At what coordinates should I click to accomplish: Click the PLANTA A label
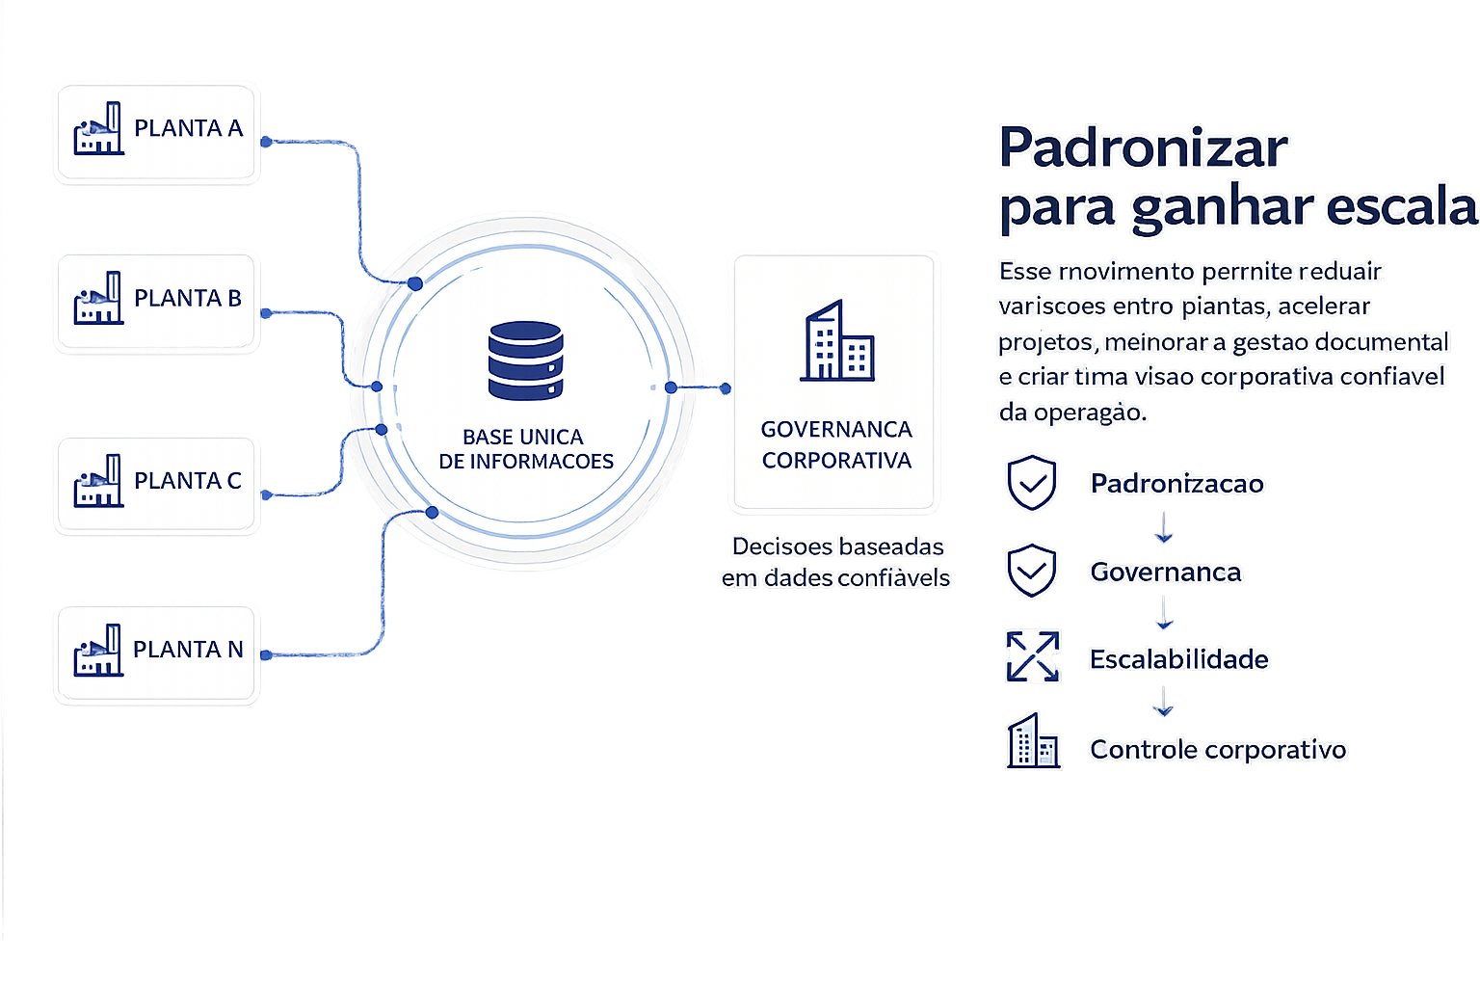click(188, 128)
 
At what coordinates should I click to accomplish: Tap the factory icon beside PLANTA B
click(98, 298)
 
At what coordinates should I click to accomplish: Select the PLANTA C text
click(188, 481)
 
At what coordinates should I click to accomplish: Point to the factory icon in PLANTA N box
click(98, 650)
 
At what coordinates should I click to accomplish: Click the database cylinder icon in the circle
click(526, 360)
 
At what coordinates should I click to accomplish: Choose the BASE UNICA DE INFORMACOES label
click(526, 449)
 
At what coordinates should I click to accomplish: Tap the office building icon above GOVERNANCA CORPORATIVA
click(837, 340)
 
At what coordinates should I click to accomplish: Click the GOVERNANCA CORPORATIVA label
click(836, 444)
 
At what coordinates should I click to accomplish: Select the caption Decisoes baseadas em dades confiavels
click(835, 562)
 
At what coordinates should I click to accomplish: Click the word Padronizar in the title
click(1143, 147)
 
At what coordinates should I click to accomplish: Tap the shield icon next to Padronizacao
click(1031, 483)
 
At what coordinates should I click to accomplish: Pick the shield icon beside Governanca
click(1031, 571)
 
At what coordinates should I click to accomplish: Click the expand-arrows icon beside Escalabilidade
click(1033, 656)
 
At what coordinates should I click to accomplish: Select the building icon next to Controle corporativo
click(1033, 740)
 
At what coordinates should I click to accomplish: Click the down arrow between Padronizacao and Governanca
click(1164, 527)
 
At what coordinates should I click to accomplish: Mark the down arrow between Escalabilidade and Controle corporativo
click(1163, 702)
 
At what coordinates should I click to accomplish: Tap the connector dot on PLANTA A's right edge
click(266, 142)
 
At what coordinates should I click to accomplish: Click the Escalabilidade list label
click(1178, 659)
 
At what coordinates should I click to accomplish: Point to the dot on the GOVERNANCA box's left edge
click(726, 388)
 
